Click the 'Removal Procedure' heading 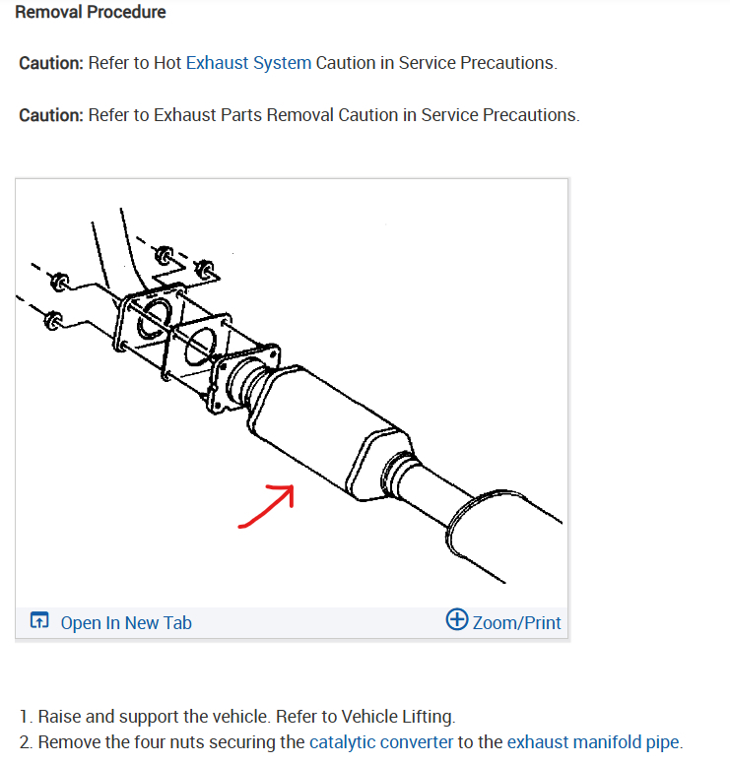(x=91, y=12)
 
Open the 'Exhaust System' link (x=248, y=63)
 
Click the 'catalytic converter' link (x=381, y=741)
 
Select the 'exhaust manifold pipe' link (x=593, y=741)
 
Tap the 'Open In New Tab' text (x=126, y=622)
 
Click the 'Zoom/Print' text (x=516, y=622)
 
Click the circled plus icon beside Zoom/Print (x=457, y=619)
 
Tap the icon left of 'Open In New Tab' (x=39, y=620)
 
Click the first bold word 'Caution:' (x=51, y=63)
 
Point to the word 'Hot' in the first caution (x=167, y=63)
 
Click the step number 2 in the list (x=25, y=742)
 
